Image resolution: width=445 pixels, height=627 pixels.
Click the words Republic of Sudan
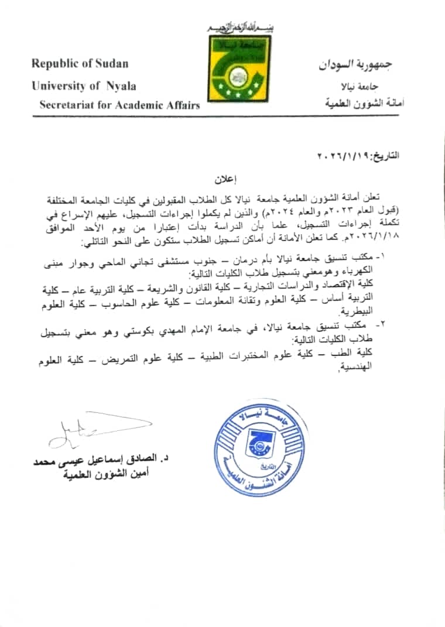click(80, 63)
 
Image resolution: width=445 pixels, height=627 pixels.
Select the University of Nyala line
click(84, 85)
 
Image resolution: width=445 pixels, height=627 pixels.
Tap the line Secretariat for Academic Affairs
click(119, 105)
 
